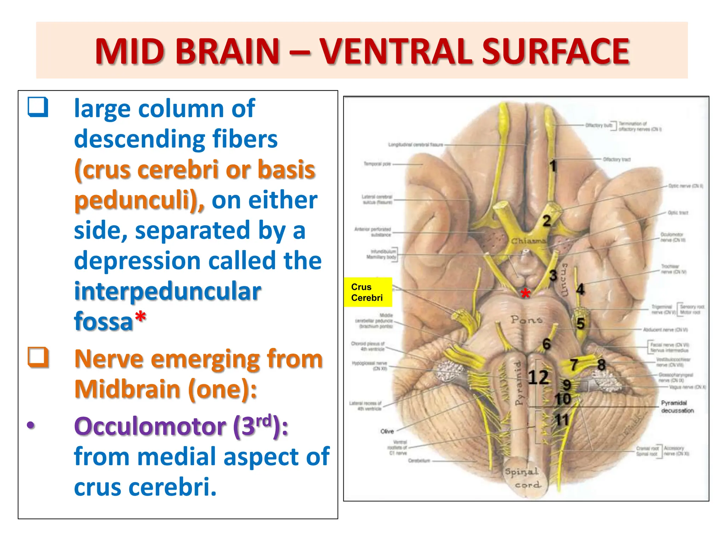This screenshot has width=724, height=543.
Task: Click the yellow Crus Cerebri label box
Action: click(368, 292)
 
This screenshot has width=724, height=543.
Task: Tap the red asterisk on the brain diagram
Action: click(526, 293)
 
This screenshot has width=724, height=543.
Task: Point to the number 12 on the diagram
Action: click(538, 377)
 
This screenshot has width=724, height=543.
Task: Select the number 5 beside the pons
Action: click(580, 323)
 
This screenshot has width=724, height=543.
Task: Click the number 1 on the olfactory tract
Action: click(553, 166)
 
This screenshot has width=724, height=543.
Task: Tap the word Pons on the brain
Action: click(526, 320)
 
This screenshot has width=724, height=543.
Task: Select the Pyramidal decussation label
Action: click(677, 407)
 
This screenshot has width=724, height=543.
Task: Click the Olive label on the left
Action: click(387, 431)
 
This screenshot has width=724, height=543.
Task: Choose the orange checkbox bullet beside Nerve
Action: click(38, 357)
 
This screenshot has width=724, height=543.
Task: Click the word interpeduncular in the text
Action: click(168, 291)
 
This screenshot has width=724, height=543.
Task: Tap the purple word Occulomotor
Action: click(150, 426)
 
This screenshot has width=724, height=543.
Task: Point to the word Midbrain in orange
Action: click(128, 389)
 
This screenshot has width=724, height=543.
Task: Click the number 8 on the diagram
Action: click(601, 365)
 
